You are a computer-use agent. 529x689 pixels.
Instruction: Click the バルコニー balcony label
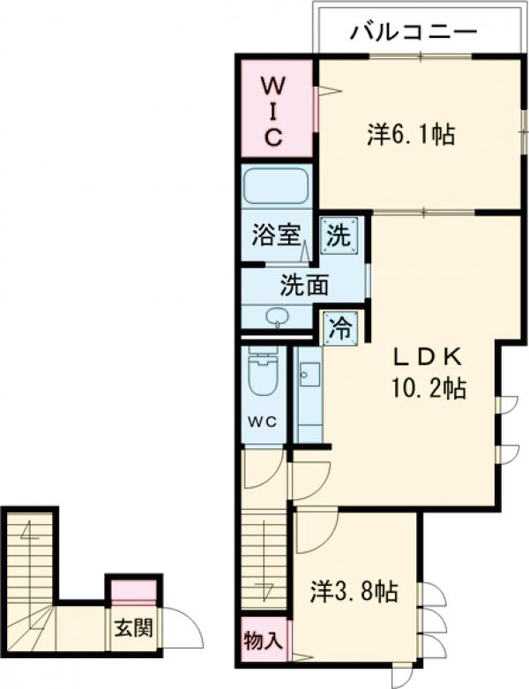(x=414, y=32)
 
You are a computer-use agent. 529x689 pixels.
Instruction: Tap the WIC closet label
(x=273, y=112)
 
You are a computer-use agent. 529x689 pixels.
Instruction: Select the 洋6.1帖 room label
(x=411, y=134)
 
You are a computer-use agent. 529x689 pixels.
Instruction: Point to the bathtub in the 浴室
(x=276, y=185)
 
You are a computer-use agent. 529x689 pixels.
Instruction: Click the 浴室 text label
(x=276, y=235)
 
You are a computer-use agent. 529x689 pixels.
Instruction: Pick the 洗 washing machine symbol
(x=339, y=236)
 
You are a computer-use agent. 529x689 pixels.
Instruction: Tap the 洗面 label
(x=304, y=285)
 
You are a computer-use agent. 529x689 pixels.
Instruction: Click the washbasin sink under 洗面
(x=277, y=317)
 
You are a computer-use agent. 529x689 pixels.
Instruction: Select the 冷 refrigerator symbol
(x=340, y=328)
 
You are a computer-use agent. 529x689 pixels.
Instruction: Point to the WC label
(x=263, y=423)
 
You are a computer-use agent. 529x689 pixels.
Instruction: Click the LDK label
(x=427, y=358)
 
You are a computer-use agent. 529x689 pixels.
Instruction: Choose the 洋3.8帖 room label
(x=354, y=591)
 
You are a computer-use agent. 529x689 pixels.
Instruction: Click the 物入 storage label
(x=263, y=640)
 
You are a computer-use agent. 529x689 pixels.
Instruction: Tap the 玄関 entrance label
(x=133, y=628)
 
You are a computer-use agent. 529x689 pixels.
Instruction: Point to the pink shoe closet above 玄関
(x=133, y=590)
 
